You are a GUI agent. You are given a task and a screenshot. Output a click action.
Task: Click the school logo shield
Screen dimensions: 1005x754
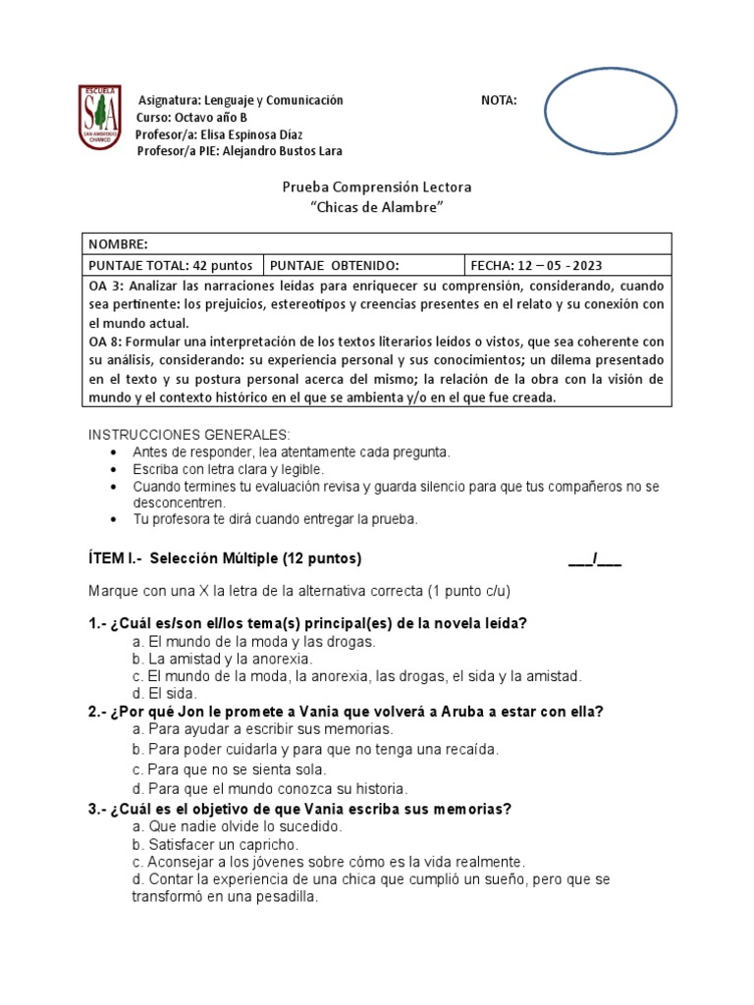[100, 117]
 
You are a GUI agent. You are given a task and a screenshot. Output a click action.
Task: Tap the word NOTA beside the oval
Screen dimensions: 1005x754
[499, 100]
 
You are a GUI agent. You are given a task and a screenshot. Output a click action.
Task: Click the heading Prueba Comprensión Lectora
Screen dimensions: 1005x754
[377, 186]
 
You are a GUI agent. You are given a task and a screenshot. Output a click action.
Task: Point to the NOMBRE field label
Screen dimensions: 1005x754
[118, 244]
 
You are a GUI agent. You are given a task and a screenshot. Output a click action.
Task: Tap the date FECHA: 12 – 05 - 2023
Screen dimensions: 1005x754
[537, 266]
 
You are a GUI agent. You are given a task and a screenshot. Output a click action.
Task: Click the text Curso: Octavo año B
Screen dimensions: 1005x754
[191, 117]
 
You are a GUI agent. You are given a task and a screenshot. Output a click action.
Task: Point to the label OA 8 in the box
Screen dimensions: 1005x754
[106, 342]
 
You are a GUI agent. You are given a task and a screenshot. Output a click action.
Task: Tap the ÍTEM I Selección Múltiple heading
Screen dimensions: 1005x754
[225, 559]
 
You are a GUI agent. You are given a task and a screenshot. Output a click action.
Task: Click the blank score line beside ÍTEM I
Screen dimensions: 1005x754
[595, 560]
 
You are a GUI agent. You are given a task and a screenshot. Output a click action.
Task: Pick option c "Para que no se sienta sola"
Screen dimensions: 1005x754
[229, 769]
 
